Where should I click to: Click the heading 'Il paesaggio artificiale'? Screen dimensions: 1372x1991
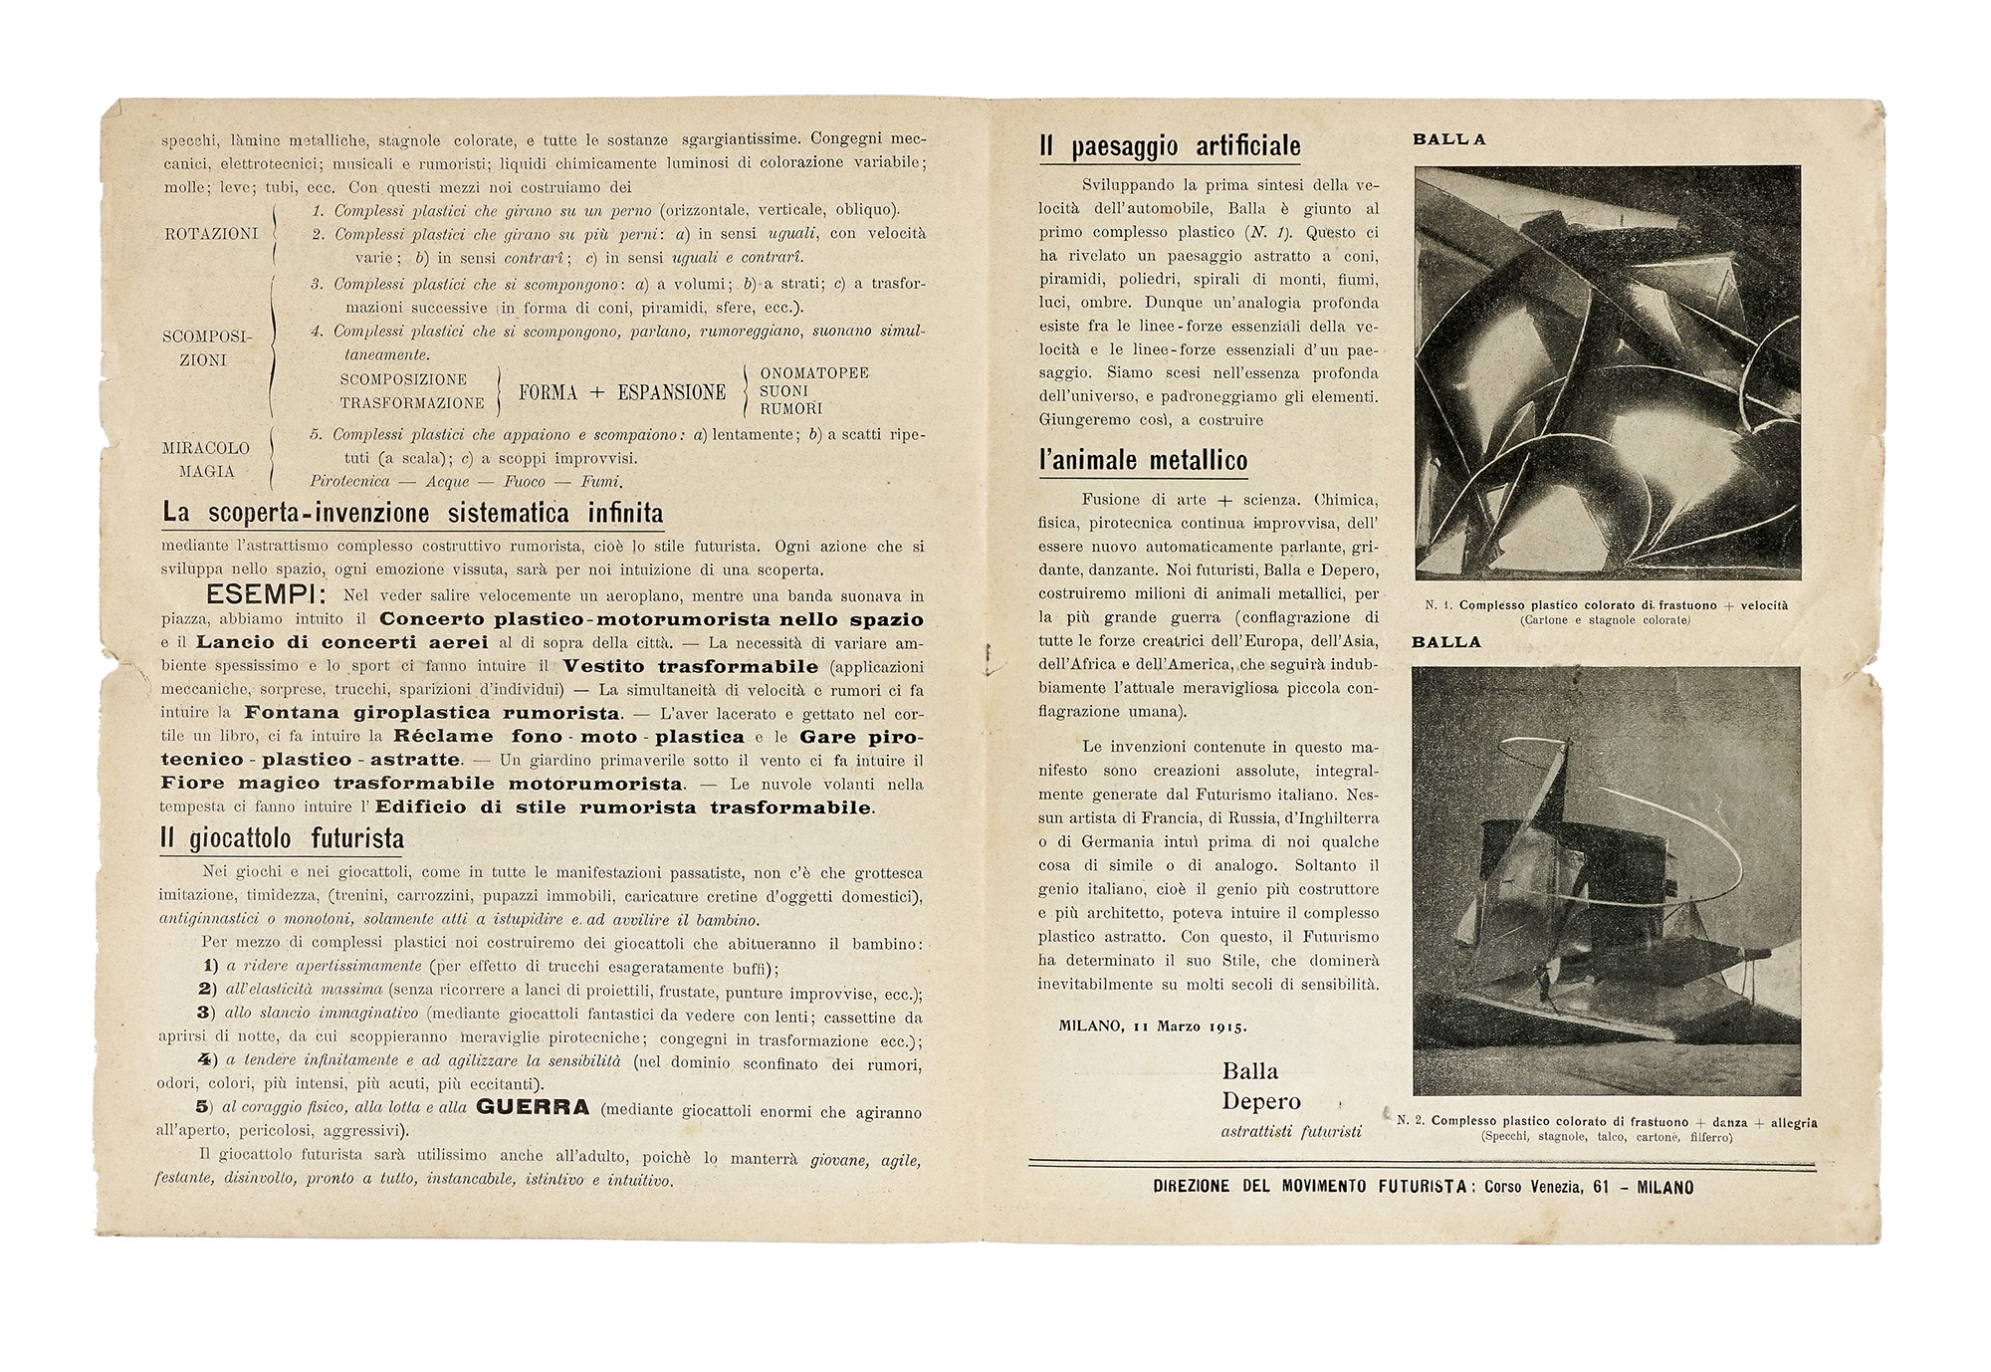click(1170, 147)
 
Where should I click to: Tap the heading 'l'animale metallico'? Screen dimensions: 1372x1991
click(1143, 461)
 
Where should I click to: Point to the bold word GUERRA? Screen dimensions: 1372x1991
click(534, 1107)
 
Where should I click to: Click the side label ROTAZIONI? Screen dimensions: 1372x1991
click(211, 234)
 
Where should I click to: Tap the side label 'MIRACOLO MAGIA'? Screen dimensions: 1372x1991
click(206, 460)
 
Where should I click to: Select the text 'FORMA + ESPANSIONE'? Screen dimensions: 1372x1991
click(622, 392)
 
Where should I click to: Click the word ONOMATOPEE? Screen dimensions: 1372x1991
click(814, 373)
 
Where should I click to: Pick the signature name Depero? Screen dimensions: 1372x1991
click(1261, 1102)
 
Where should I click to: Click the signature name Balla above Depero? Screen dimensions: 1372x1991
click(1250, 1071)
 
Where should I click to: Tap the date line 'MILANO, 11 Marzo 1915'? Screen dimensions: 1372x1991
click(1153, 1027)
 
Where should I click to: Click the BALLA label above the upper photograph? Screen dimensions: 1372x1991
click(1449, 140)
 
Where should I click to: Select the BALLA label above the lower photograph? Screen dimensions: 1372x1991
click(1446, 642)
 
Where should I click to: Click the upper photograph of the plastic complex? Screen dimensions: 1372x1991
click(1607, 372)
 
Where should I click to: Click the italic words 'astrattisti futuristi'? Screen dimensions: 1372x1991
click(1291, 1132)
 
